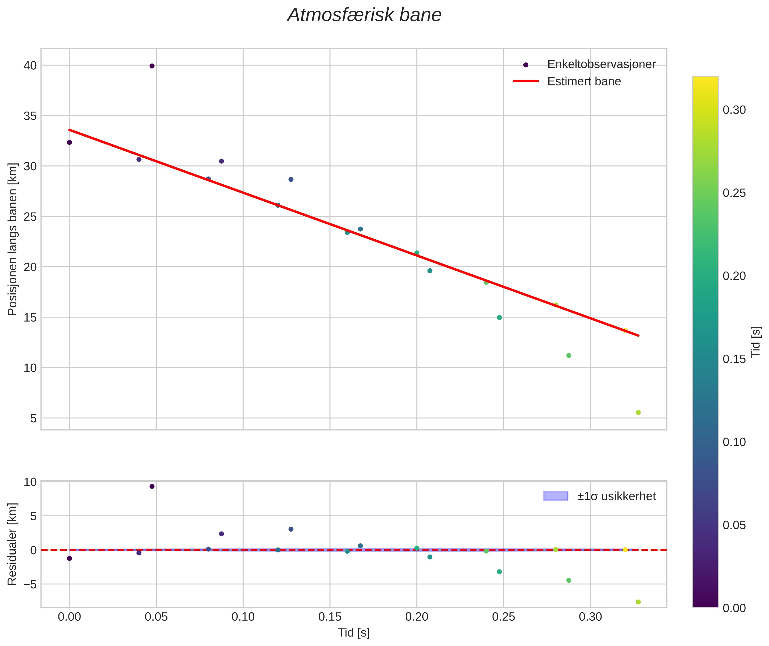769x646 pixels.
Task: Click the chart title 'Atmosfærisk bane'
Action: (364, 15)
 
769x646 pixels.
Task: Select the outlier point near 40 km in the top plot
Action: (152, 66)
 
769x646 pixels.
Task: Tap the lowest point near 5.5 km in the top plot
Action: (638, 413)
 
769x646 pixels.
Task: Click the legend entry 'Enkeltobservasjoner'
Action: (601, 64)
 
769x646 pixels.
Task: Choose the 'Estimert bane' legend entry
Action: (584, 81)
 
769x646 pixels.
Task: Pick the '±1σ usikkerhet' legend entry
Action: (616, 496)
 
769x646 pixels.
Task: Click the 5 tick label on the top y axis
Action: (34, 418)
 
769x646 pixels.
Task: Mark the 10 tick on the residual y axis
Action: (30, 482)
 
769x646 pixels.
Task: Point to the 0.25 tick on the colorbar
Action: (734, 193)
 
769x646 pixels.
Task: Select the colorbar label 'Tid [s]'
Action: (756, 342)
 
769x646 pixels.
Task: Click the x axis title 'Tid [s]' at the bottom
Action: (354, 633)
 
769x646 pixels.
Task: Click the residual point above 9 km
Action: (152, 486)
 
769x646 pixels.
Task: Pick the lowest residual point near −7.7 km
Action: (638, 602)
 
